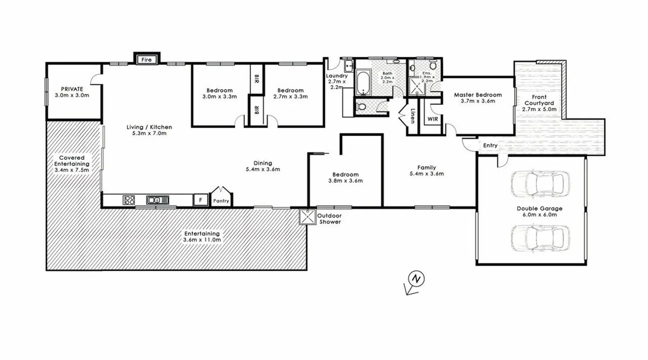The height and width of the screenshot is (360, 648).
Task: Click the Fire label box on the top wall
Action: coord(147,59)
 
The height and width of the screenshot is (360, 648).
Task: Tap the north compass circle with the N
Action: coord(417,279)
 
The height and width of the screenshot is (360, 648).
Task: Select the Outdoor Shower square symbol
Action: coord(307,217)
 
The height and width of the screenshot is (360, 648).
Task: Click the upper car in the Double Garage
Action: coord(540,184)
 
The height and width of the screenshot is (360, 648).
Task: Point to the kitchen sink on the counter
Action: coord(158,200)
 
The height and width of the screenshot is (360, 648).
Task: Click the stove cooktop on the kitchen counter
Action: coord(129,200)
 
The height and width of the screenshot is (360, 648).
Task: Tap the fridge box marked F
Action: coord(201,200)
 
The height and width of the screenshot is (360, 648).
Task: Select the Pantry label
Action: coord(221,201)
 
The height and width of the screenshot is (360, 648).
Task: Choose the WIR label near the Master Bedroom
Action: coord(433,119)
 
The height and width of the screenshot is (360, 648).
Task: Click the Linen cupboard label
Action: coord(413,116)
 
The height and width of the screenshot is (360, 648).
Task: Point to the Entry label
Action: coord(490,145)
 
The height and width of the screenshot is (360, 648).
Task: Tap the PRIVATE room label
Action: coord(72,89)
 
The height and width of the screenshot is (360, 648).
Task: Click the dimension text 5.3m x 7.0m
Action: coord(149,133)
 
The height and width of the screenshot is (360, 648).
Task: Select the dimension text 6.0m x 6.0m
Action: coord(540,215)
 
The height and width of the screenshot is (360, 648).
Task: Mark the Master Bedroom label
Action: coord(478,95)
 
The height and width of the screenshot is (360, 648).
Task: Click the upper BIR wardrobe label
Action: coord(257,79)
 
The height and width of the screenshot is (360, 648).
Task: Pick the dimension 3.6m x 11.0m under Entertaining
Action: coord(202,240)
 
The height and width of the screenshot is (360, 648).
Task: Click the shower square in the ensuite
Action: coord(417,86)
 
